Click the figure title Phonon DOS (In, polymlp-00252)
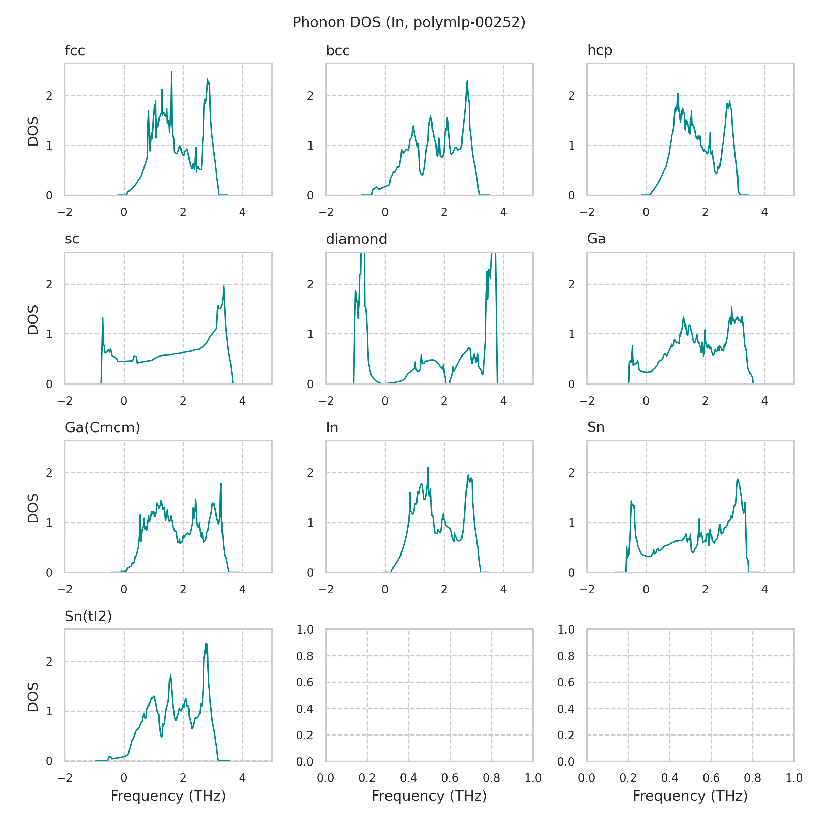409,22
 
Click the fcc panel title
75,51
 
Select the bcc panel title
337,51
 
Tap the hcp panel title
600,51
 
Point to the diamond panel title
356,239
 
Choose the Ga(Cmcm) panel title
102,428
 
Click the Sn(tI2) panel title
88,616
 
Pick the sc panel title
72,239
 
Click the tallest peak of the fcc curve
171,72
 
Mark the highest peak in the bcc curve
467,81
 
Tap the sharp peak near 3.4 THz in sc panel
224,286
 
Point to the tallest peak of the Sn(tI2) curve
206,644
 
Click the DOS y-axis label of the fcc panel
33,131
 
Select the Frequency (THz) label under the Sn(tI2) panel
168,796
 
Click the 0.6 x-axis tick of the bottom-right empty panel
711,778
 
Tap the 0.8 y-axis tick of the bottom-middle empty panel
305,656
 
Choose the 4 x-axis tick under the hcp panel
764,212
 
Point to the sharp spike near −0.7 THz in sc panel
103,318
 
